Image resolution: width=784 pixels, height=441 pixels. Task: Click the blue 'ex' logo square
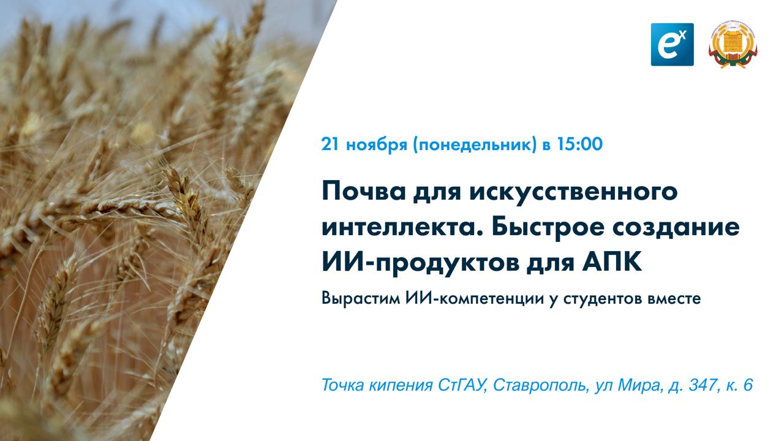672,44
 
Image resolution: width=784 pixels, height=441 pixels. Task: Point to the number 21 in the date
331,145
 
